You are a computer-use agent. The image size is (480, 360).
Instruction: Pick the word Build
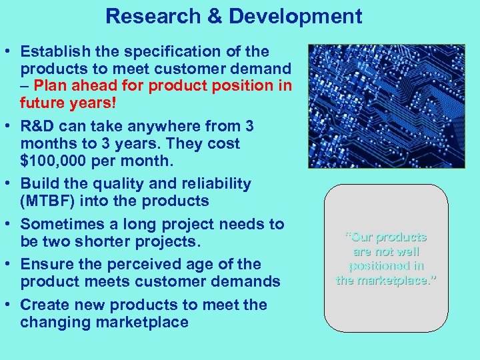pos(39,183)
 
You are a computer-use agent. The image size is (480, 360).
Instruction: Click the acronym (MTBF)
pos(49,201)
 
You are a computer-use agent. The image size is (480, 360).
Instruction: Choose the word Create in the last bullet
pos(44,305)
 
